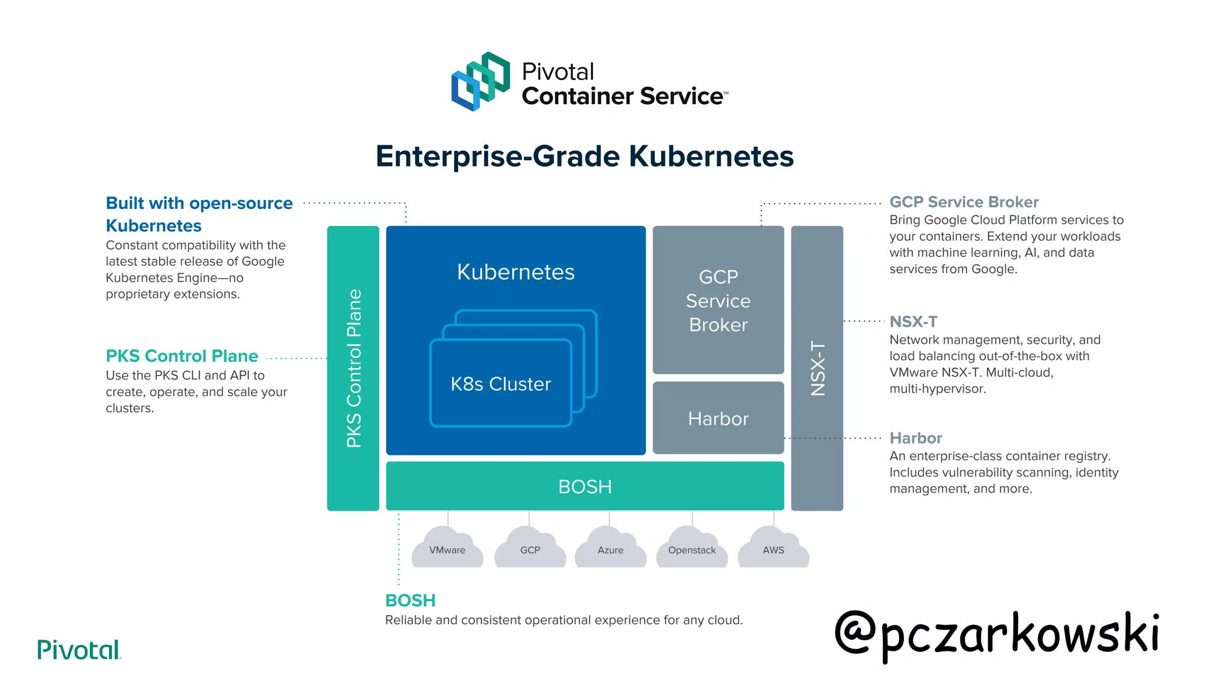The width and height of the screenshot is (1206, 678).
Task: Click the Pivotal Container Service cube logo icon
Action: pyautogui.click(x=480, y=81)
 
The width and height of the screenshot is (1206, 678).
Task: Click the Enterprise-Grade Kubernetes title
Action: pyautogui.click(x=584, y=157)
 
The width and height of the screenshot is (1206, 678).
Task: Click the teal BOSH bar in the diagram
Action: pyautogui.click(x=584, y=486)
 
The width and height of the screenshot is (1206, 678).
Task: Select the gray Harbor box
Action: pyautogui.click(x=718, y=418)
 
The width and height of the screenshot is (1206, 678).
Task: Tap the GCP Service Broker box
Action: pyautogui.click(x=718, y=300)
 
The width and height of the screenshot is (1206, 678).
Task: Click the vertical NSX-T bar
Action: pyautogui.click(x=817, y=368)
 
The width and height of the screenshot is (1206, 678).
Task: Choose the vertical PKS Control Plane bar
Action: pyautogui.click(x=353, y=368)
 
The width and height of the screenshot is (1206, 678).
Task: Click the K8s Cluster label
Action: pyautogui.click(x=501, y=384)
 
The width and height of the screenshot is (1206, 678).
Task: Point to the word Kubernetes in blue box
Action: pyautogui.click(x=515, y=272)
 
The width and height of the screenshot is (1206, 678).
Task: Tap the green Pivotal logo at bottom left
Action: pyautogui.click(x=78, y=650)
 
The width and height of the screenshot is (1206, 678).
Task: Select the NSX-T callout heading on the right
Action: pyautogui.click(x=913, y=321)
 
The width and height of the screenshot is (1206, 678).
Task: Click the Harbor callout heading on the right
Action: pyautogui.click(x=916, y=438)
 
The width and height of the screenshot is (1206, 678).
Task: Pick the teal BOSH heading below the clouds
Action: pyautogui.click(x=410, y=600)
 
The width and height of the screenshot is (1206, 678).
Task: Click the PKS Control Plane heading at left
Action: pyautogui.click(x=182, y=356)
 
